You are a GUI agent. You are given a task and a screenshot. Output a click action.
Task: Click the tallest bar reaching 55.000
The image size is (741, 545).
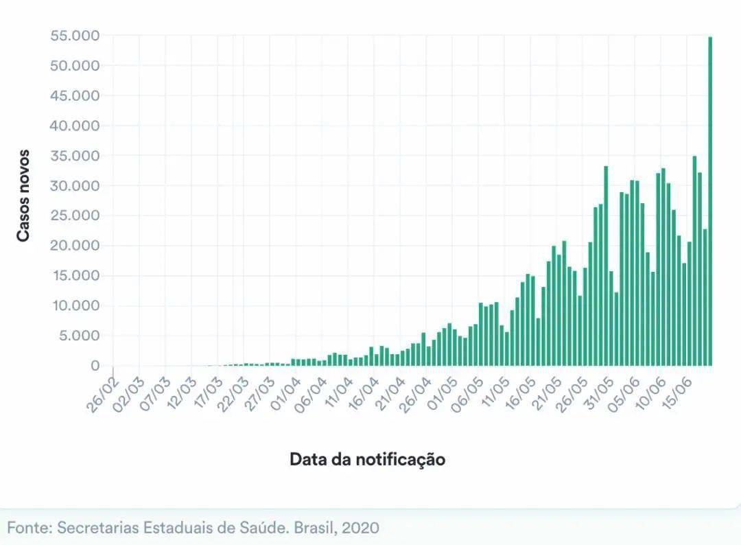(709, 206)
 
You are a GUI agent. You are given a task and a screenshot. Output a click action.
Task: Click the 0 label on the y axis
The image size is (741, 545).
(95, 367)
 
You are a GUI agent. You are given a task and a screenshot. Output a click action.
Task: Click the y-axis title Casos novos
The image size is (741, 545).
(23, 195)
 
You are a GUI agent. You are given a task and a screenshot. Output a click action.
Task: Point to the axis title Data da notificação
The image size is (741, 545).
(367, 459)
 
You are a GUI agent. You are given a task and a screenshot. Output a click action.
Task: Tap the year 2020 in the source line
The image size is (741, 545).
(360, 528)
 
